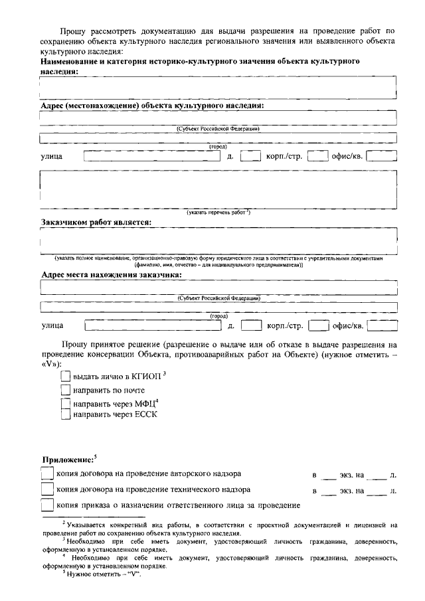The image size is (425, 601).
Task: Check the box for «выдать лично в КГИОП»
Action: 65,377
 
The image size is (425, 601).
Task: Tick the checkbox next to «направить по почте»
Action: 65,390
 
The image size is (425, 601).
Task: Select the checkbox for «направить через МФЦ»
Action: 65,403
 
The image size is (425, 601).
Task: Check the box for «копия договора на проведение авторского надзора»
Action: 46,473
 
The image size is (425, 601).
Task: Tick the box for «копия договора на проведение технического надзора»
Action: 46,489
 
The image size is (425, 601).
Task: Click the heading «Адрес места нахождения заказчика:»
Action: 112,274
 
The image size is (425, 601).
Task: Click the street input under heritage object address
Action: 152,156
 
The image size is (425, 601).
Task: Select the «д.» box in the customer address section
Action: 250,325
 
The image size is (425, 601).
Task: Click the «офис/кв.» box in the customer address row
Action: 382,325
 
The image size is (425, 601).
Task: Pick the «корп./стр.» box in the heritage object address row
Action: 317,156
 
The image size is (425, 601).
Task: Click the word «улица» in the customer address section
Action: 52,326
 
